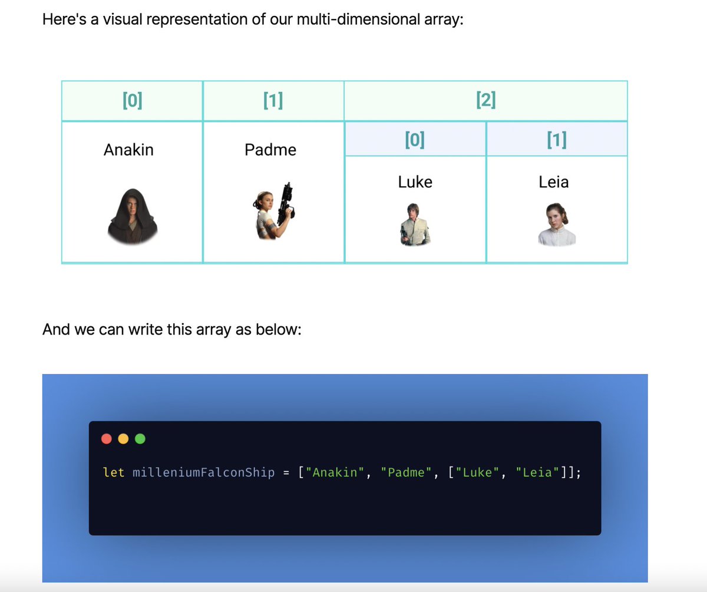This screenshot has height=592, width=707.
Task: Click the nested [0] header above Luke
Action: [x=415, y=139]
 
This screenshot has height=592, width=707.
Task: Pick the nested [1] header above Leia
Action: [x=556, y=139]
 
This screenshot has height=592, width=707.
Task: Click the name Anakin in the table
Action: [x=128, y=150]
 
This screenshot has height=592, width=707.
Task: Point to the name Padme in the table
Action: [x=270, y=150]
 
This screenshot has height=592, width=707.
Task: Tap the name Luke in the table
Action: [x=415, y=182]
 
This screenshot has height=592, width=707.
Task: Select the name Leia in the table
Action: [x=554, y=182]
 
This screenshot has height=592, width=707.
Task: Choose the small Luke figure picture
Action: [x=415, y=224]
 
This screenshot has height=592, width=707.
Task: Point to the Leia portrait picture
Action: [x=556, y=224]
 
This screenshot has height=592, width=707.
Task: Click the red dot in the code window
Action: [x=107, y=439]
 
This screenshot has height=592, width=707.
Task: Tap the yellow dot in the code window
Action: [x=123, y=439]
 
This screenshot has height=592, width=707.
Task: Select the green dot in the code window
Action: [x=140, y=439]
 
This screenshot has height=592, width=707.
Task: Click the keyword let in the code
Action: [x=114, y=473]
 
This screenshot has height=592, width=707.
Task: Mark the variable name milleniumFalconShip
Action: [x=204, y=473]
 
